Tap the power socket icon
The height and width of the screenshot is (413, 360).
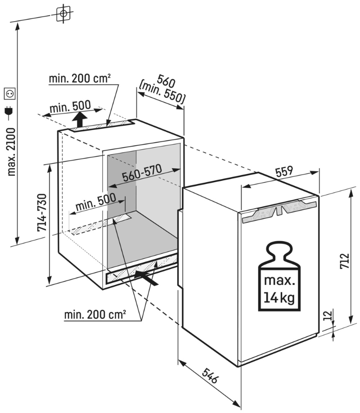(x=9, y=93)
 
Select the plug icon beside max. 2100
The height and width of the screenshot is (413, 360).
(x=8, y=111)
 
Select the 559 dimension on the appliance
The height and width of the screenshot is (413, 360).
(x=284, y=171)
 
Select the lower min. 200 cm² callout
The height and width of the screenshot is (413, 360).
(x=95, y=314)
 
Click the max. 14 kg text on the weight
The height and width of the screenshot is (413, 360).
(x=279, y=289)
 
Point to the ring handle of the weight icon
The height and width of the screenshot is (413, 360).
(x=279, y=249)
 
